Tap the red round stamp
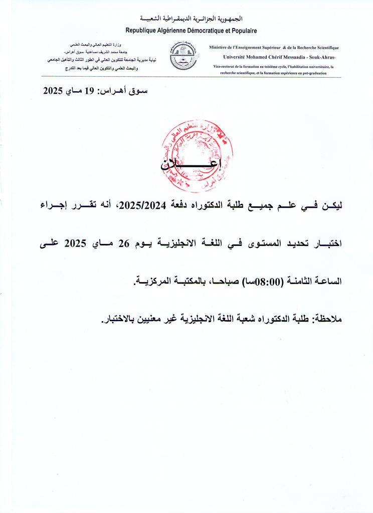click(197, 156)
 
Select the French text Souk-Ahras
click(324, 57)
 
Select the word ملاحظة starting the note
click(326, 319)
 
